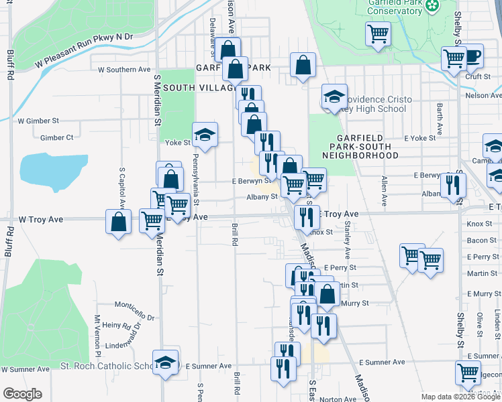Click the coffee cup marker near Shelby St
tap(472, 56)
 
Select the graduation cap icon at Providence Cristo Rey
tap(334, 96)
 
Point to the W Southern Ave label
tap(124, 69)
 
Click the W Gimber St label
tap(39, 121)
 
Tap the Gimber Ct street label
tap(56, 137)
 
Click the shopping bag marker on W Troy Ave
tap(118, 222)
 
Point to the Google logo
tap(22, 394)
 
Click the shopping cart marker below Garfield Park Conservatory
tap(379, 34)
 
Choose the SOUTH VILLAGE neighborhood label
tap(197, 88)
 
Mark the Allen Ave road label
tap(385, 191)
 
